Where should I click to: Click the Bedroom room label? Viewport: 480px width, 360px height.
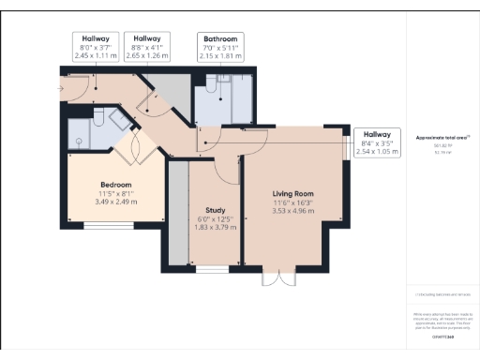point(116,185)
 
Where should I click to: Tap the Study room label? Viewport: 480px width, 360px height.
point(217,210)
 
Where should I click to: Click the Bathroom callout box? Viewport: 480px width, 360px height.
point(219,48)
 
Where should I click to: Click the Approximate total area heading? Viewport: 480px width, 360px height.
point(442,138)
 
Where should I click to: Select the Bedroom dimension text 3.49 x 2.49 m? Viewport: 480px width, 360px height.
point(116,202)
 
